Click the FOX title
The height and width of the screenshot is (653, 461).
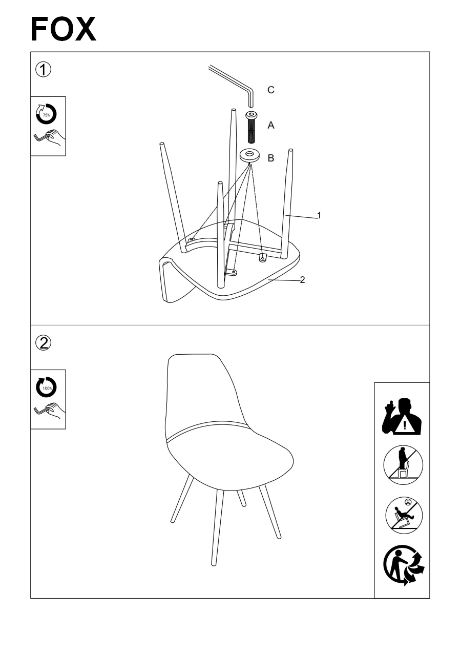(x=63, y=29)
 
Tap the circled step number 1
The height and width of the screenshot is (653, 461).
(x=43, y=70)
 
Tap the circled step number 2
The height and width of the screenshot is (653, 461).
(x=43, y=343)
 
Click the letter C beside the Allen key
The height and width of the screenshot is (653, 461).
(x=271, y=90)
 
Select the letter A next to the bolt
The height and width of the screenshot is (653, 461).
(x=271, y=126)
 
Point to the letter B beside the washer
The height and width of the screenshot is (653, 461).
(x=271, y=158)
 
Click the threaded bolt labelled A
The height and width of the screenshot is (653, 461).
(x=251, y=128)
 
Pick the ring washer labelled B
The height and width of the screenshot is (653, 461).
(x=250, y=155)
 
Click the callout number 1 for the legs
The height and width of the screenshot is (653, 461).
(x=319, y=215)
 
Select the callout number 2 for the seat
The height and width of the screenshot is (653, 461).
(x=303, y=280)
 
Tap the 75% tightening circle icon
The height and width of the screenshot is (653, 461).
(x=46, y=114)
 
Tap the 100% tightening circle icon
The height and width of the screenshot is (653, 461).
(x=46, y=387)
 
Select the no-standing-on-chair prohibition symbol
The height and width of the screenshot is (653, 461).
(x=403, y=465)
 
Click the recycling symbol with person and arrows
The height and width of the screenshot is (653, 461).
(x=404, y=565)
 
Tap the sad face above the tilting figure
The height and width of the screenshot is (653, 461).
(x=408, y=502)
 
